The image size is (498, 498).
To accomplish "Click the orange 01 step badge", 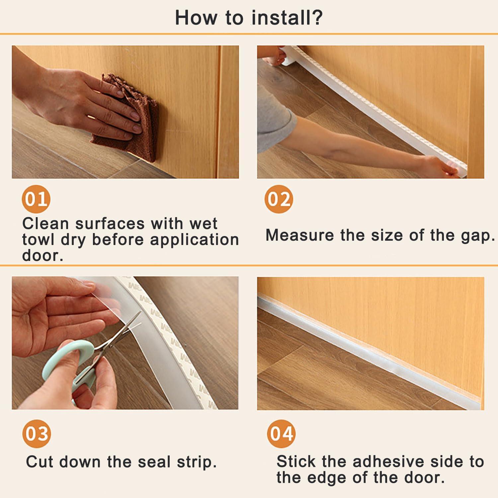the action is pyautogui.click(x=36, y=199).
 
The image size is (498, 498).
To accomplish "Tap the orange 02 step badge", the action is pyautogui.click(x=279, y=199).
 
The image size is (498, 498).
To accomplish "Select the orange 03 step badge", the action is pyautogui.click(x=37, y=434).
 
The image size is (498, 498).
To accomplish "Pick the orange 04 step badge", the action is pyautogui.click(x=281, y=434).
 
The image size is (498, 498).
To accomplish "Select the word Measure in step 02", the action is pyautogui.click(x=300, y=235).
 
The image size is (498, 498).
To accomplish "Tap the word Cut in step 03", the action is pyautogui.click(x=40, y=462).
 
